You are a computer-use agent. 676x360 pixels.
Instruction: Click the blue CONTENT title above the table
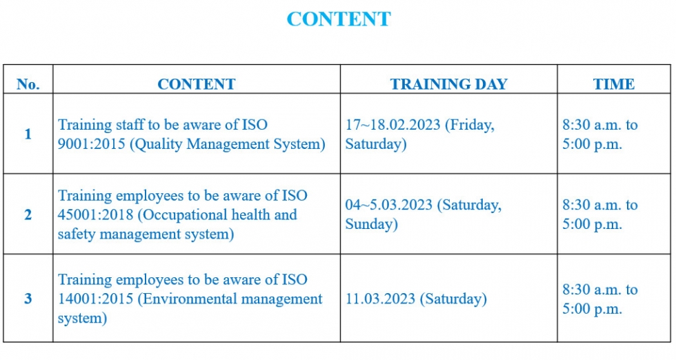[339, 19]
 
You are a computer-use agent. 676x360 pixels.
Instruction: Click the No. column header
[28, 84]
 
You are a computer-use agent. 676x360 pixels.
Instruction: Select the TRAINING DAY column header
[449, 84]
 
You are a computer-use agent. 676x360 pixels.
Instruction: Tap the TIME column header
[614, 84]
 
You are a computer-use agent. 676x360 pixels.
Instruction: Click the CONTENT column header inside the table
[197, 84]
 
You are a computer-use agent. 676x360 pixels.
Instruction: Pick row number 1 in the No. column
[28, 134]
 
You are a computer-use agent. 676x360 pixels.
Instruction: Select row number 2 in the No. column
[28, 214]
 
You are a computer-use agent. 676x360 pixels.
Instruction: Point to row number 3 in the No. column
[28, 299]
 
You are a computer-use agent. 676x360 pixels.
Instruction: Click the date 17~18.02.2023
[392, 125]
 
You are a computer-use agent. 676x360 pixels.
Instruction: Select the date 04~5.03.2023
[389, 205]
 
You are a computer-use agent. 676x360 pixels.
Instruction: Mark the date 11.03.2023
[380, 299]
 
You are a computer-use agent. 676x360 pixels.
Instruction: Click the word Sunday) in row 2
[372, 224]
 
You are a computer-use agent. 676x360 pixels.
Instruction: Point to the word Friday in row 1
[470, 125]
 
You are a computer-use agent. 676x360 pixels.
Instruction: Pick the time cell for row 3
[599, 299]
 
